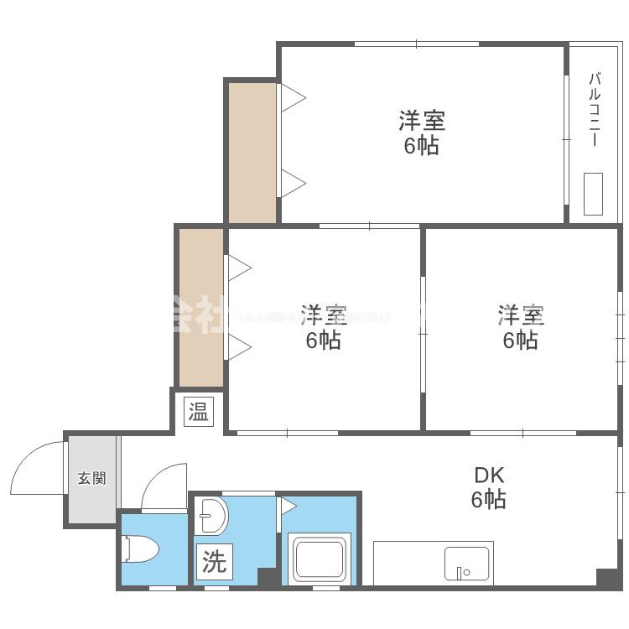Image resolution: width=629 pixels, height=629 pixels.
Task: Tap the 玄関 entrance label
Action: [92, 479]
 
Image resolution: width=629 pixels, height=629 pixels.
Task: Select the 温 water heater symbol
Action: [199, 412]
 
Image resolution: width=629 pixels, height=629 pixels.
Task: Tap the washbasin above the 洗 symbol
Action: [211, 516]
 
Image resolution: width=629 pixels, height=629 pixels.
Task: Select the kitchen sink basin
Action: [468, 564]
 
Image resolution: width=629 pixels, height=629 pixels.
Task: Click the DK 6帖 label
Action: [487, 487]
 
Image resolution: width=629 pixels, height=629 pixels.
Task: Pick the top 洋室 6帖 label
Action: [421, 133]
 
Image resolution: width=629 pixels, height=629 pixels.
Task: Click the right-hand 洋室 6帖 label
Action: [521, 328]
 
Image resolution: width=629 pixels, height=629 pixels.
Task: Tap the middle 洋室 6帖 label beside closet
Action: [323, 328]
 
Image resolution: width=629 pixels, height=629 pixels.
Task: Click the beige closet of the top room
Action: [252, 152]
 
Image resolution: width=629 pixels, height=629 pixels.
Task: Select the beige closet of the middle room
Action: [201, 307]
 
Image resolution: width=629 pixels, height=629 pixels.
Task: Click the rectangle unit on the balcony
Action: [594, 195]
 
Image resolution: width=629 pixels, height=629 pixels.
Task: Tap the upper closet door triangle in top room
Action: [291, 97]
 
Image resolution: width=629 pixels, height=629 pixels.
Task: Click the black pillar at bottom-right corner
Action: [608, 579]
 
